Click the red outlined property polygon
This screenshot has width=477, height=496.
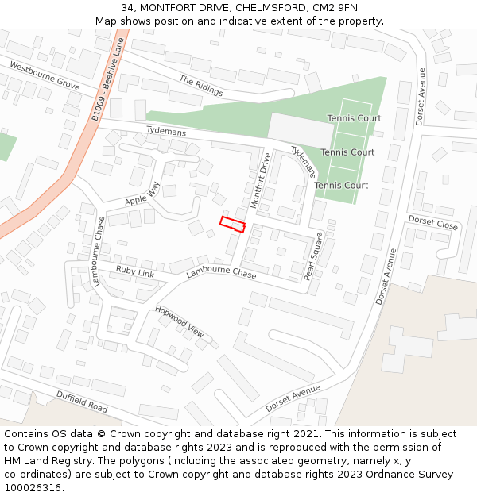(232, 224)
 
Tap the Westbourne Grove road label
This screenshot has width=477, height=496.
(45, 75)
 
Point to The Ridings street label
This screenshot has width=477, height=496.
(200, 86)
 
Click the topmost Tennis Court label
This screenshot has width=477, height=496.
(354, 118)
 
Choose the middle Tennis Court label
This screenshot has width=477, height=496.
(347, 152)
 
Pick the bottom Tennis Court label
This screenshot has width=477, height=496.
(341, 186)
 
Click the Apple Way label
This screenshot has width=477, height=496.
(142, 194)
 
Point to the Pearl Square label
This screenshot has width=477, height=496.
(315, 256)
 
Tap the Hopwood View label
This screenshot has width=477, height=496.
(179, 321)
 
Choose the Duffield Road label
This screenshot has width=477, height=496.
(81, 401)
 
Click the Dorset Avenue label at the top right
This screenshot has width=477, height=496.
(421, 96)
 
